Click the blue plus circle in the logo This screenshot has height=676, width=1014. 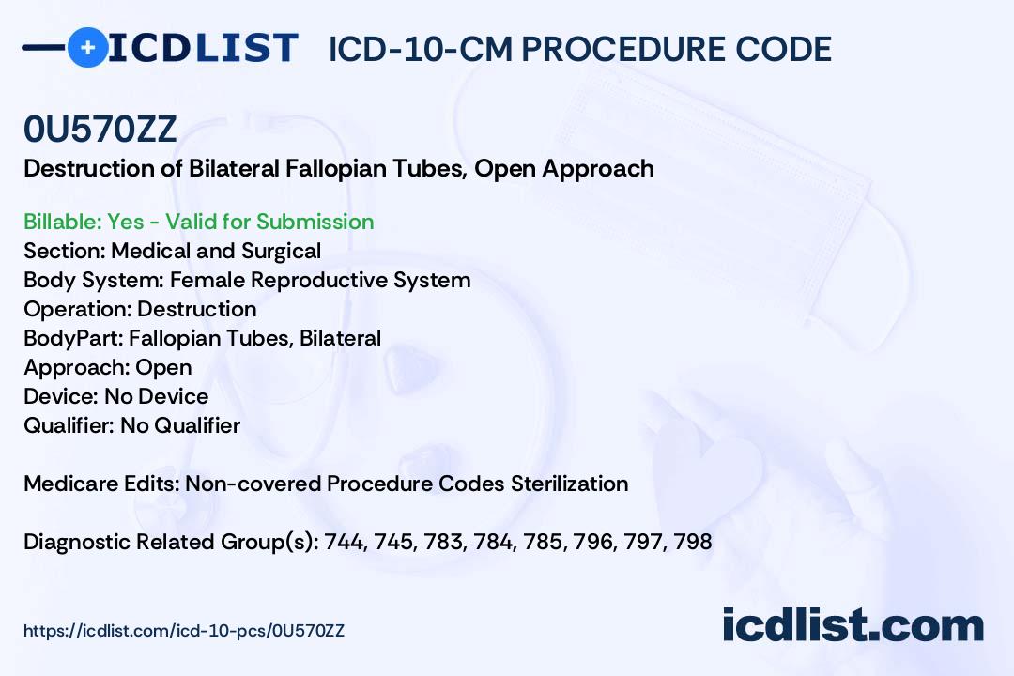pos(88,47)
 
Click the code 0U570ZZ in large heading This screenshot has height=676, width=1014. pos(100,130)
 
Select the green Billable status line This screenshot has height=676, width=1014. pos(198,222)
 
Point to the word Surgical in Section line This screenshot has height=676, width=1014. pos(281,251)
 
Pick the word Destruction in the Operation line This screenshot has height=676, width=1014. pos(197,309)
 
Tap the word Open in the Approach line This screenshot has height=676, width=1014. pos(163,368)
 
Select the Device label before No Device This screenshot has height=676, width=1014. pos(61,396)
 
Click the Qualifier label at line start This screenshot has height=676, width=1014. pos(69,425)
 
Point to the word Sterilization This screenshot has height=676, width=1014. pos(569,484)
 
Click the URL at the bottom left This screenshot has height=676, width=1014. pos(184,631)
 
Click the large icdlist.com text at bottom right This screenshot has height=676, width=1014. pos(853,625)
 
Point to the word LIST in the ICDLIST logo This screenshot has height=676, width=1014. pos(246,48)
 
